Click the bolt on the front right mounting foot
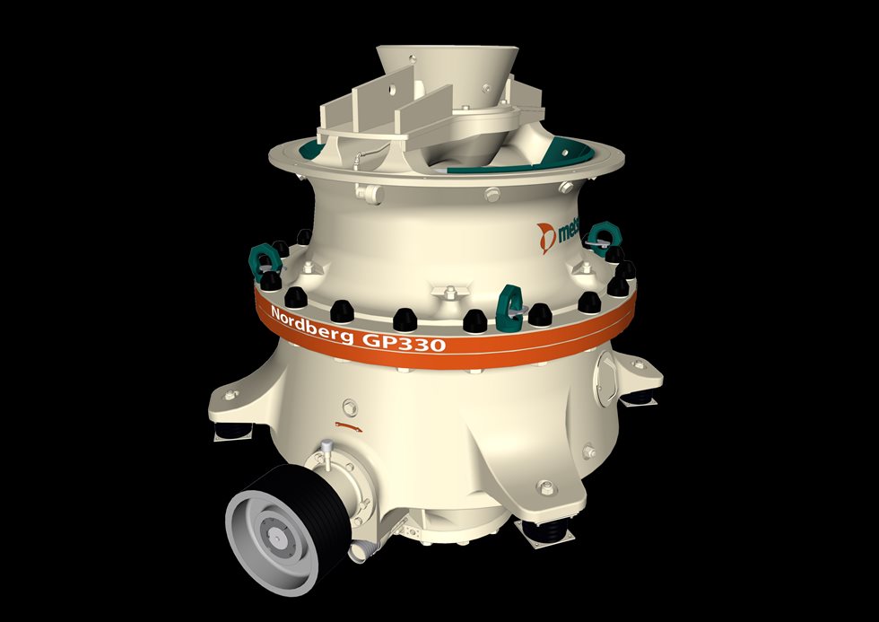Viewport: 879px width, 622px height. [543, 487]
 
